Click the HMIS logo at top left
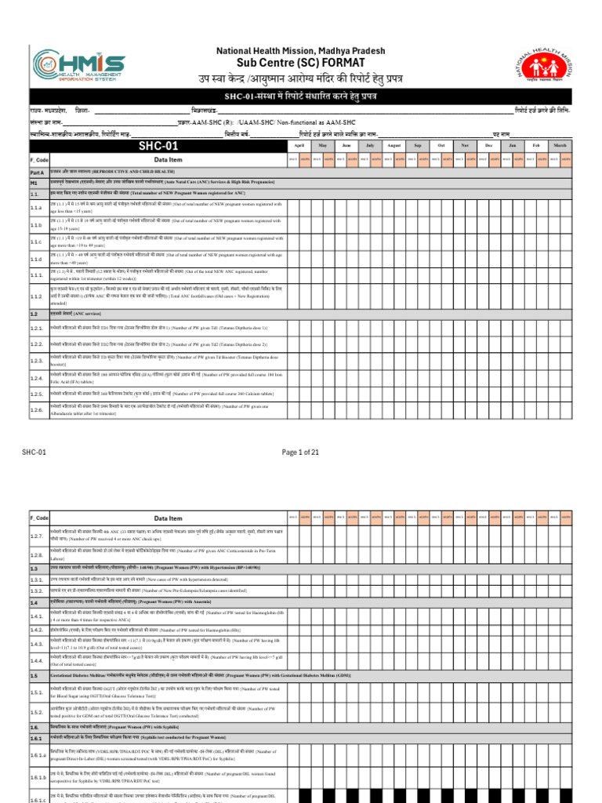75,70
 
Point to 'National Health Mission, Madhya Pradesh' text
301,50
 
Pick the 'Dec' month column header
489,146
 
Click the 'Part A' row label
38,172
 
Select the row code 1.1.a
38,208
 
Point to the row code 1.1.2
38,296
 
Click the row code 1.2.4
38,378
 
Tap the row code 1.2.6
38,410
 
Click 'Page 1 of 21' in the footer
301,452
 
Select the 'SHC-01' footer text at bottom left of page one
34,452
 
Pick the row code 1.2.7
38,536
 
